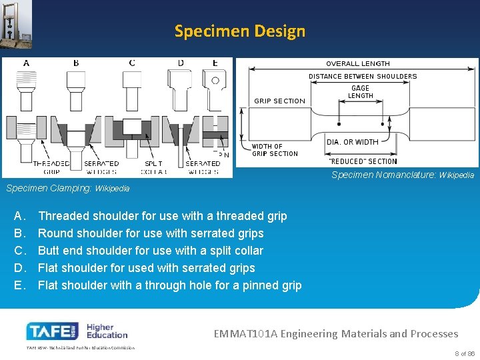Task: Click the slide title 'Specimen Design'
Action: click(240, 31)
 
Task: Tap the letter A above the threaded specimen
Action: click(26, 63)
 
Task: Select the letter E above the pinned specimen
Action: click(215, 63)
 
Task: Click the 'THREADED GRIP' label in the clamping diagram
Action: click(51, 167)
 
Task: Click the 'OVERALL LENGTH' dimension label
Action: click(358, 64)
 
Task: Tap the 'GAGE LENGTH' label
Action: click(361, 92)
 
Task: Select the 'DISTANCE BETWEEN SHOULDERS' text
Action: click(363, 77)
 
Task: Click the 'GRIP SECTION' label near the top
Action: click(279, 101)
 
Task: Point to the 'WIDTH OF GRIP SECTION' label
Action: click(275, 150)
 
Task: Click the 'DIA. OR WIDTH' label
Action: click(353, 142)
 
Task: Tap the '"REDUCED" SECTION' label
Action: click(363, 161)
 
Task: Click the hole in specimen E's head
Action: click(215, 81)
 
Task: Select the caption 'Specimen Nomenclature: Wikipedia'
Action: click(403, 175)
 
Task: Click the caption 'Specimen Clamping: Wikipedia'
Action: click(68, 189)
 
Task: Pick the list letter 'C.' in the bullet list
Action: click(19, 251)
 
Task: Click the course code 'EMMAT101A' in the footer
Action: click(245, 333)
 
